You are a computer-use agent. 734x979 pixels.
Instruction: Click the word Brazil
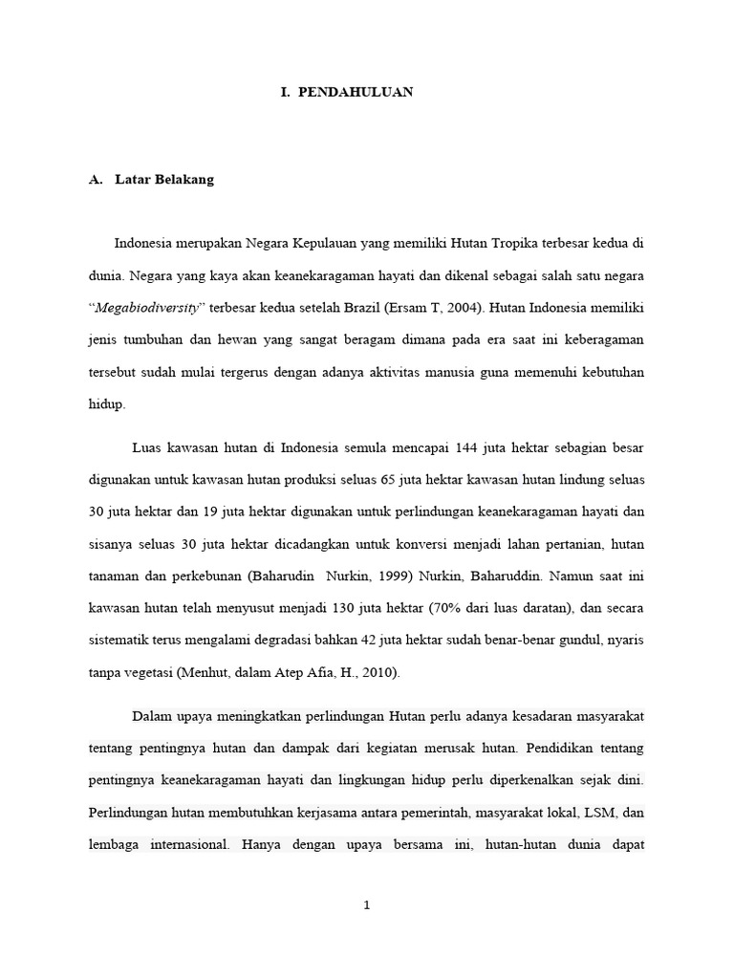pos(364,310)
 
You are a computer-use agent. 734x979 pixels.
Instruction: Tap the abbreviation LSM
pos(595,813)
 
